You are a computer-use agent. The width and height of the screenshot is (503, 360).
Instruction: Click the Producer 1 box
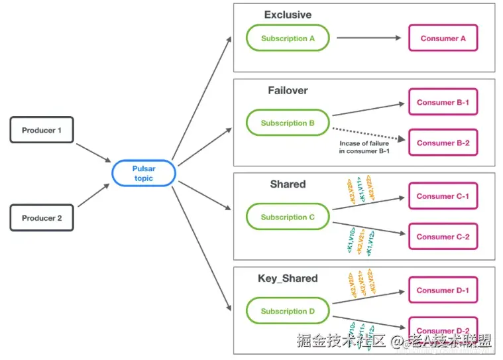(x=42, y=130)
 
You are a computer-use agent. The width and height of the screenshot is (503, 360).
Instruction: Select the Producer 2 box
(x=42, y=218)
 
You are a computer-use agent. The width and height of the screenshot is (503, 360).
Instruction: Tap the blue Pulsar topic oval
(x=143, y=174)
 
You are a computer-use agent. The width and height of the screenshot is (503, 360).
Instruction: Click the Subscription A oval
(x=288, y=38)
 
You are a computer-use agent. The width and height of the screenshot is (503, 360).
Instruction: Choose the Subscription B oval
(x=288, y=123)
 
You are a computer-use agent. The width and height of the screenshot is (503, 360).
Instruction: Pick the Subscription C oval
(x=288, y=217)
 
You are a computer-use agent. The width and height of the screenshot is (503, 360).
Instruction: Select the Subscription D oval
(x=288, y=312)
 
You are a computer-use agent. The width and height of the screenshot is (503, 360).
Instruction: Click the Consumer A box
(x=443, y=38)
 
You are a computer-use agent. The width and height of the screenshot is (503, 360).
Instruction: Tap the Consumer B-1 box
(x=443, y=103)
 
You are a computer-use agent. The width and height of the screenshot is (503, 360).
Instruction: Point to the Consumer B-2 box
(x=443, y=143)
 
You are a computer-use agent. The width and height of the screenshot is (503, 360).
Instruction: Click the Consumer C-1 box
(x=443, y=196)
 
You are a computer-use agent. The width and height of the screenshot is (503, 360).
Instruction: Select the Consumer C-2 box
(x=443, y=237)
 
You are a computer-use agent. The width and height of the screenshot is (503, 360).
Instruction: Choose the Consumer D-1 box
(x=443, y=290)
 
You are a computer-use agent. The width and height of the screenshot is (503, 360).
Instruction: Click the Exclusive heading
(x=288, y=15)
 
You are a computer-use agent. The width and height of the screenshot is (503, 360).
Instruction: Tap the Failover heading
(x=288, y=90)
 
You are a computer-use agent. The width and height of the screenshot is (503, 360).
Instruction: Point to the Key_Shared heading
(x=288, y=278)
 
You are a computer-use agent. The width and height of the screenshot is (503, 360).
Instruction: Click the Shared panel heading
(x=288, y=184)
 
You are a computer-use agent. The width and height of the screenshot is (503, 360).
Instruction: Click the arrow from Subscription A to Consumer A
(x=368, y=38)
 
